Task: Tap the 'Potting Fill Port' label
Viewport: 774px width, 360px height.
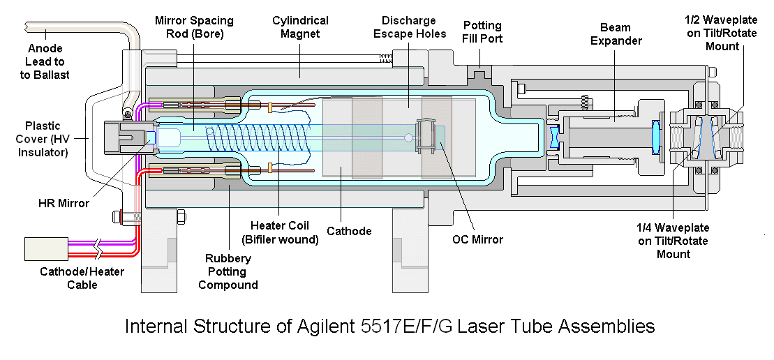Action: pos(482,31)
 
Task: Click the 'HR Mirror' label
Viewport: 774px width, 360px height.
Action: pos(64,203)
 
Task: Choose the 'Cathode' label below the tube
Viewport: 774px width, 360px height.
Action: pos(349,231)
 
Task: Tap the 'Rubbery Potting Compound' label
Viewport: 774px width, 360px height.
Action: pos(228,271)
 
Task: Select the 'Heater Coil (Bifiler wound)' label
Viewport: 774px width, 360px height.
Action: pos(279,232)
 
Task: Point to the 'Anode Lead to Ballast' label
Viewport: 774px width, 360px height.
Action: pos(49,61)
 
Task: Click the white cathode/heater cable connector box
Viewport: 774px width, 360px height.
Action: pos(47,248)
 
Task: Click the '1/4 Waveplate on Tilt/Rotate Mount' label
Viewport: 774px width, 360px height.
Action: pos(672,241)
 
